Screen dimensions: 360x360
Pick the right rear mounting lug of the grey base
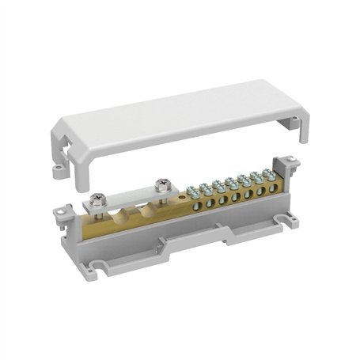[292, 165]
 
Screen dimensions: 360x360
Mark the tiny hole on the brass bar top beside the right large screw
[181, 192]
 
